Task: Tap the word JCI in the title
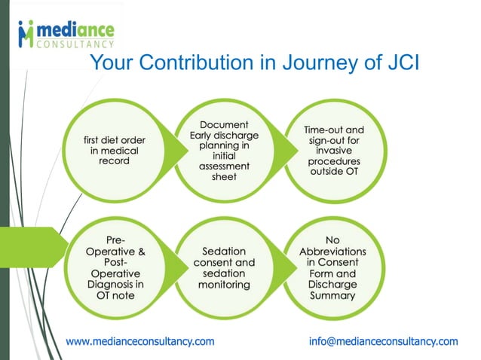click(392, 64)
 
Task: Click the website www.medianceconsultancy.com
click(140, 341)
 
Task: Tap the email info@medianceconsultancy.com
click(383, 341)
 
